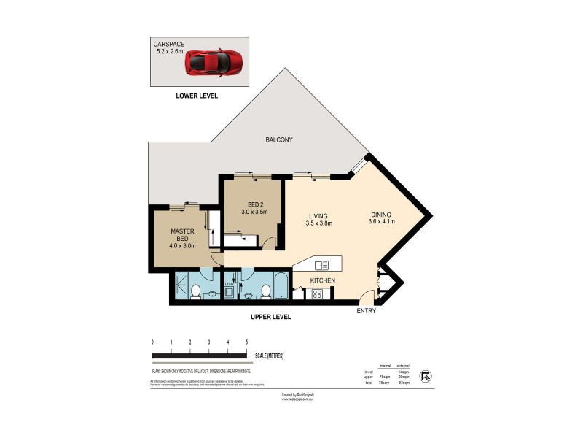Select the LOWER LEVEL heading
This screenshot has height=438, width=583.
coord(196,96)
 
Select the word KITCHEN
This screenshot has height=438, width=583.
coord(323,280)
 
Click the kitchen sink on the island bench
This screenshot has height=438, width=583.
coord(321,265)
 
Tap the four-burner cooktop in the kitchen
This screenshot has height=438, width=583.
coord(317,294)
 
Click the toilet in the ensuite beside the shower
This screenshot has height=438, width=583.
coord(195,292)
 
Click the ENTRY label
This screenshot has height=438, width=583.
coord(366,312)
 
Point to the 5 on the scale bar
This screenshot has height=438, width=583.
coord(247,342)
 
